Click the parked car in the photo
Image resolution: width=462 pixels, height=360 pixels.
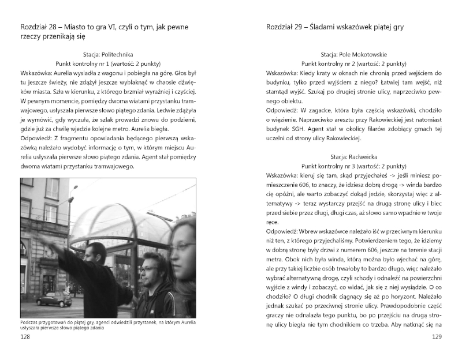[54, 299]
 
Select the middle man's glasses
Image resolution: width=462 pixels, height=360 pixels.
[146, 269]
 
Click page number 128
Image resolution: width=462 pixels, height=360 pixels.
[26, 336]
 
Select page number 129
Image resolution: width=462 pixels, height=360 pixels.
[437, 336]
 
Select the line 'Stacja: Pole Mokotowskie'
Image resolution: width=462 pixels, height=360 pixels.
[354, 52]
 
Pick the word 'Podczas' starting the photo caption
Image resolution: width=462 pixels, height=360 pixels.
[31, 321]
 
